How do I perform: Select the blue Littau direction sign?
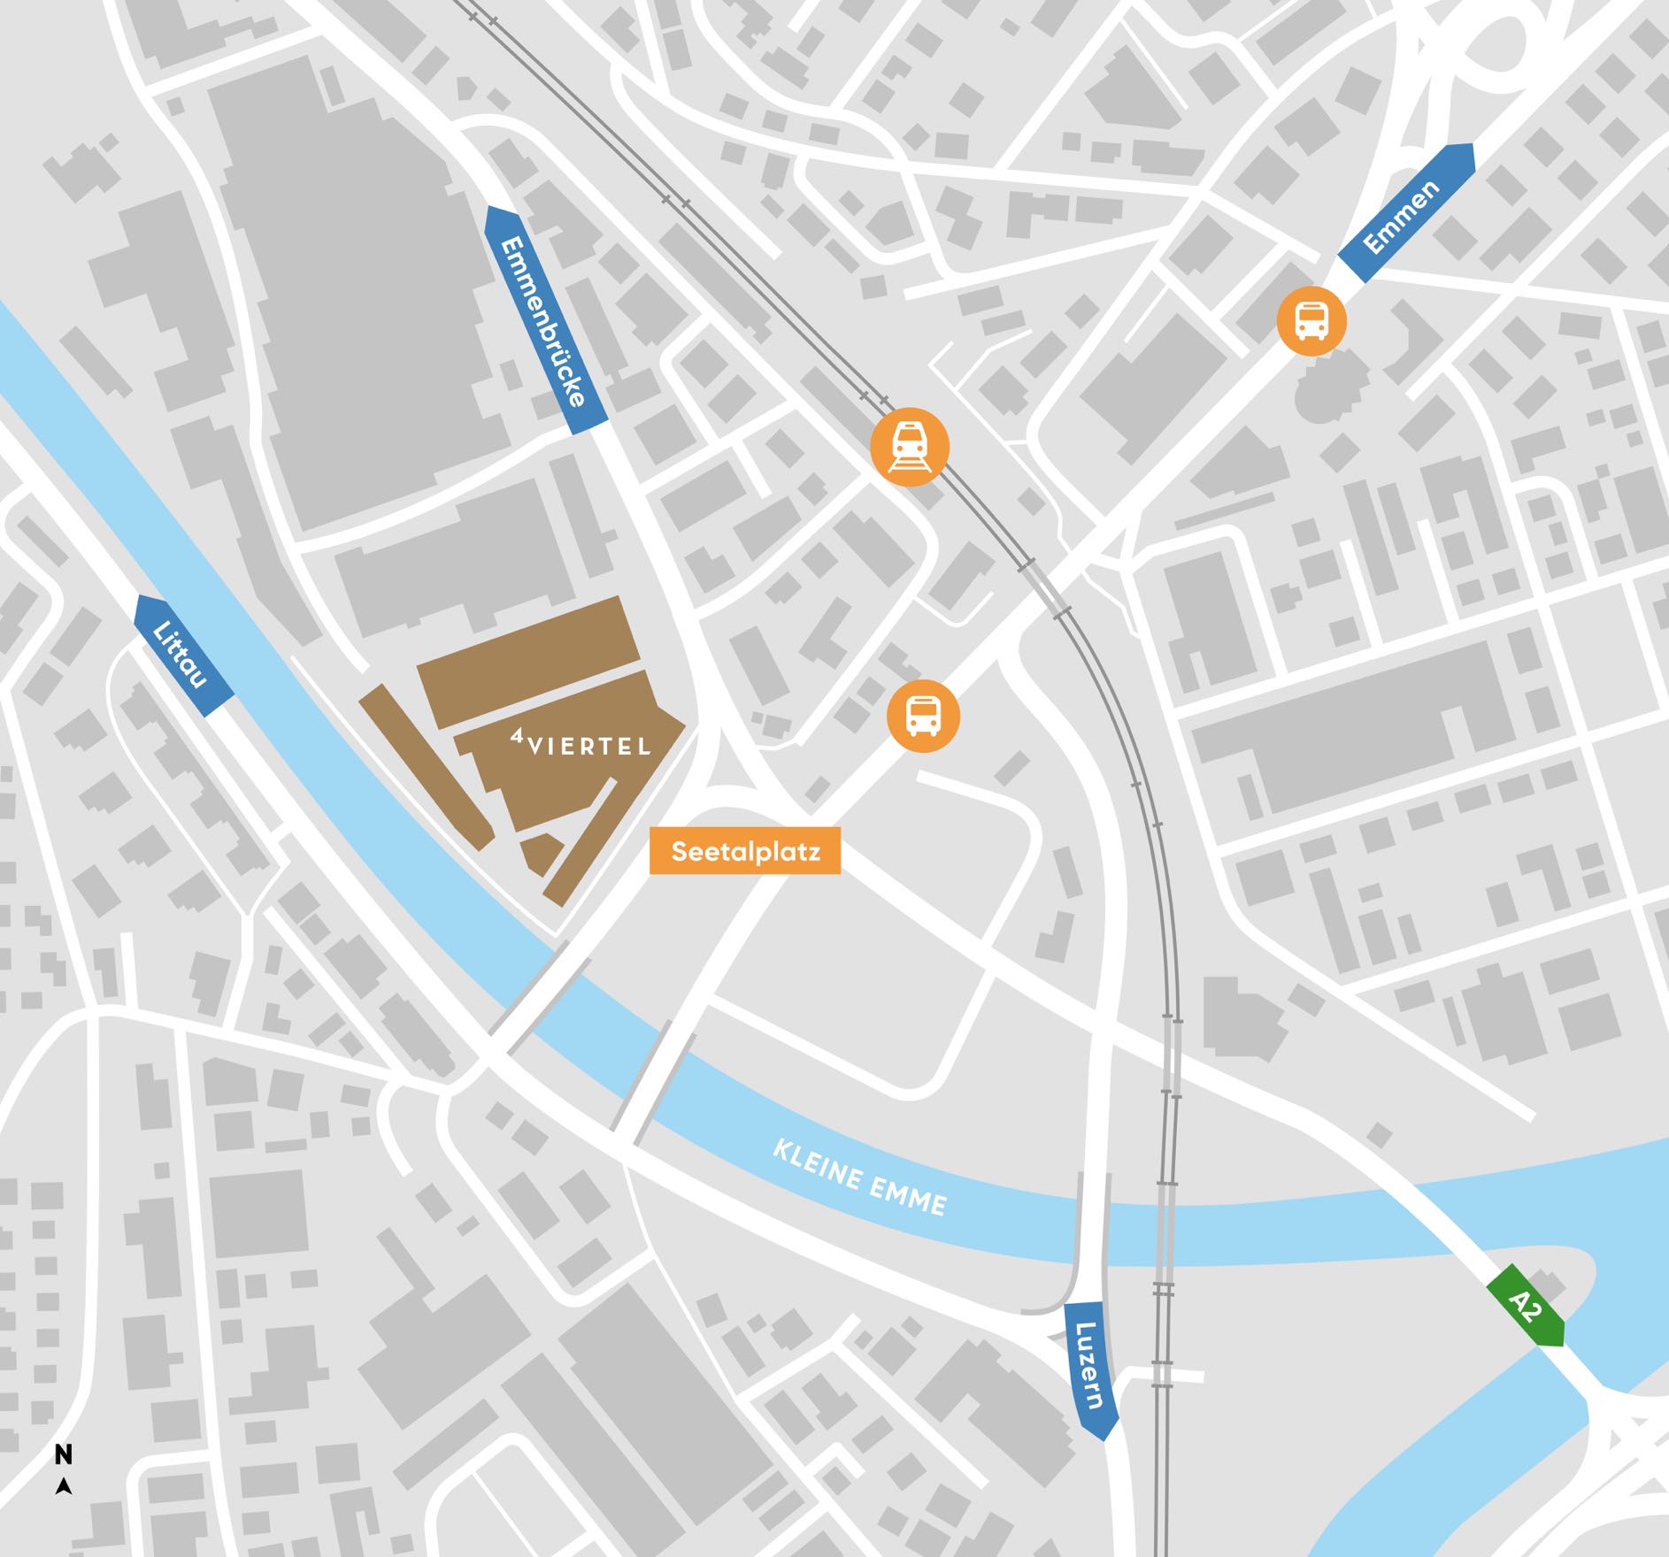[184, 656]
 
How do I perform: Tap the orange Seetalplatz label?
[745, 851]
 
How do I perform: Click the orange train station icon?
[910, 446]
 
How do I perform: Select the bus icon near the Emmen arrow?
[1311, 320]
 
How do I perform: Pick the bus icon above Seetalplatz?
[923, 716]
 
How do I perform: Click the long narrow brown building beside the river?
[425, 766]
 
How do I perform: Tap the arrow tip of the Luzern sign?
[1104, 1438]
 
